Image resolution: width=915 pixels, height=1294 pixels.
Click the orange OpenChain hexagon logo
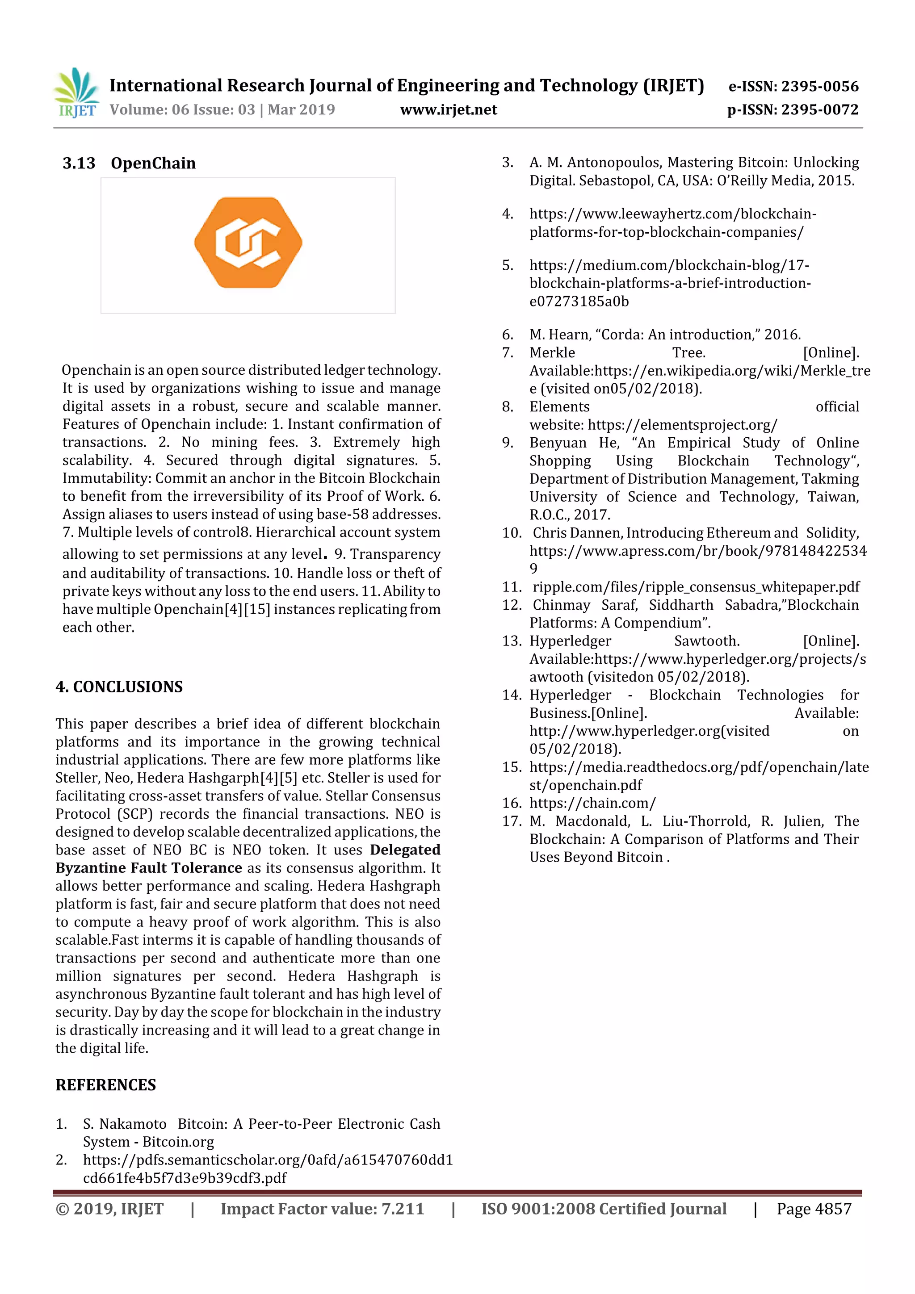coord(248,243)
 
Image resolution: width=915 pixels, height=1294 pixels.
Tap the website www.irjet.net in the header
coord(448,110)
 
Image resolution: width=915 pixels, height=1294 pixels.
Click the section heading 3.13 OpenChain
coord(129,163)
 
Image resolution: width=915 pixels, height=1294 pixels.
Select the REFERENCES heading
coord(105,1085)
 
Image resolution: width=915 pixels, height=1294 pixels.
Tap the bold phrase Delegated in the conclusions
coord(405,850)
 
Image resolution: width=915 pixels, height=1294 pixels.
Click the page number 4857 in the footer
coord(833,1208)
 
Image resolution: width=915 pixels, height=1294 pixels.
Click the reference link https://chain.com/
coord(592,803)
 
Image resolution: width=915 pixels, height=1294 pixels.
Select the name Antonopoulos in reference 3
coord(613,163)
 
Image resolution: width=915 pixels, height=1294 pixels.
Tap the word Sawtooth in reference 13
coord(706,641)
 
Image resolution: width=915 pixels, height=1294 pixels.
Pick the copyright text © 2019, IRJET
coord(109,1208)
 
